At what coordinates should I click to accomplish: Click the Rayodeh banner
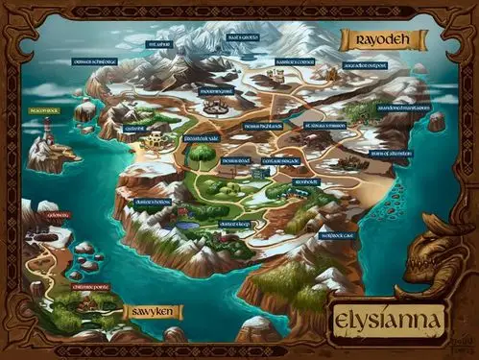372,41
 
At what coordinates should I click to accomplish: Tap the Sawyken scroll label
153,313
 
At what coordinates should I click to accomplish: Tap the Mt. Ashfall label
158,44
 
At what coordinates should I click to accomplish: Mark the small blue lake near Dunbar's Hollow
184,227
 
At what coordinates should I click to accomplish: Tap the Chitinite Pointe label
92,285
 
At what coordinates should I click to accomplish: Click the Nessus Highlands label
261,125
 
